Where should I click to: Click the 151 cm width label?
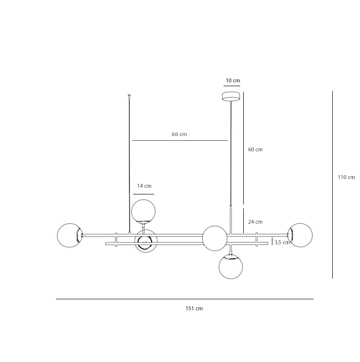click(x=194, y=308)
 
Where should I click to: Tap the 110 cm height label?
click(x=346, y=177)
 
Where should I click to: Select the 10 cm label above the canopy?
click(x=233, y=80)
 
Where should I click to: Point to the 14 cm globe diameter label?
click(x=144, y=186)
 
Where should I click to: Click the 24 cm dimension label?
click(x=255, y=222)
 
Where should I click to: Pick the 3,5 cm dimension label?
click(x=282, y=242)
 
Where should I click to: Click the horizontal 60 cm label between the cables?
click(x=180, y=135)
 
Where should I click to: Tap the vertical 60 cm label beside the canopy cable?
click(x=255, y=149)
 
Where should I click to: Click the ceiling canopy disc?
click(x=231, y=96)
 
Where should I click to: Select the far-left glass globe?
click(x=69, y=235)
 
